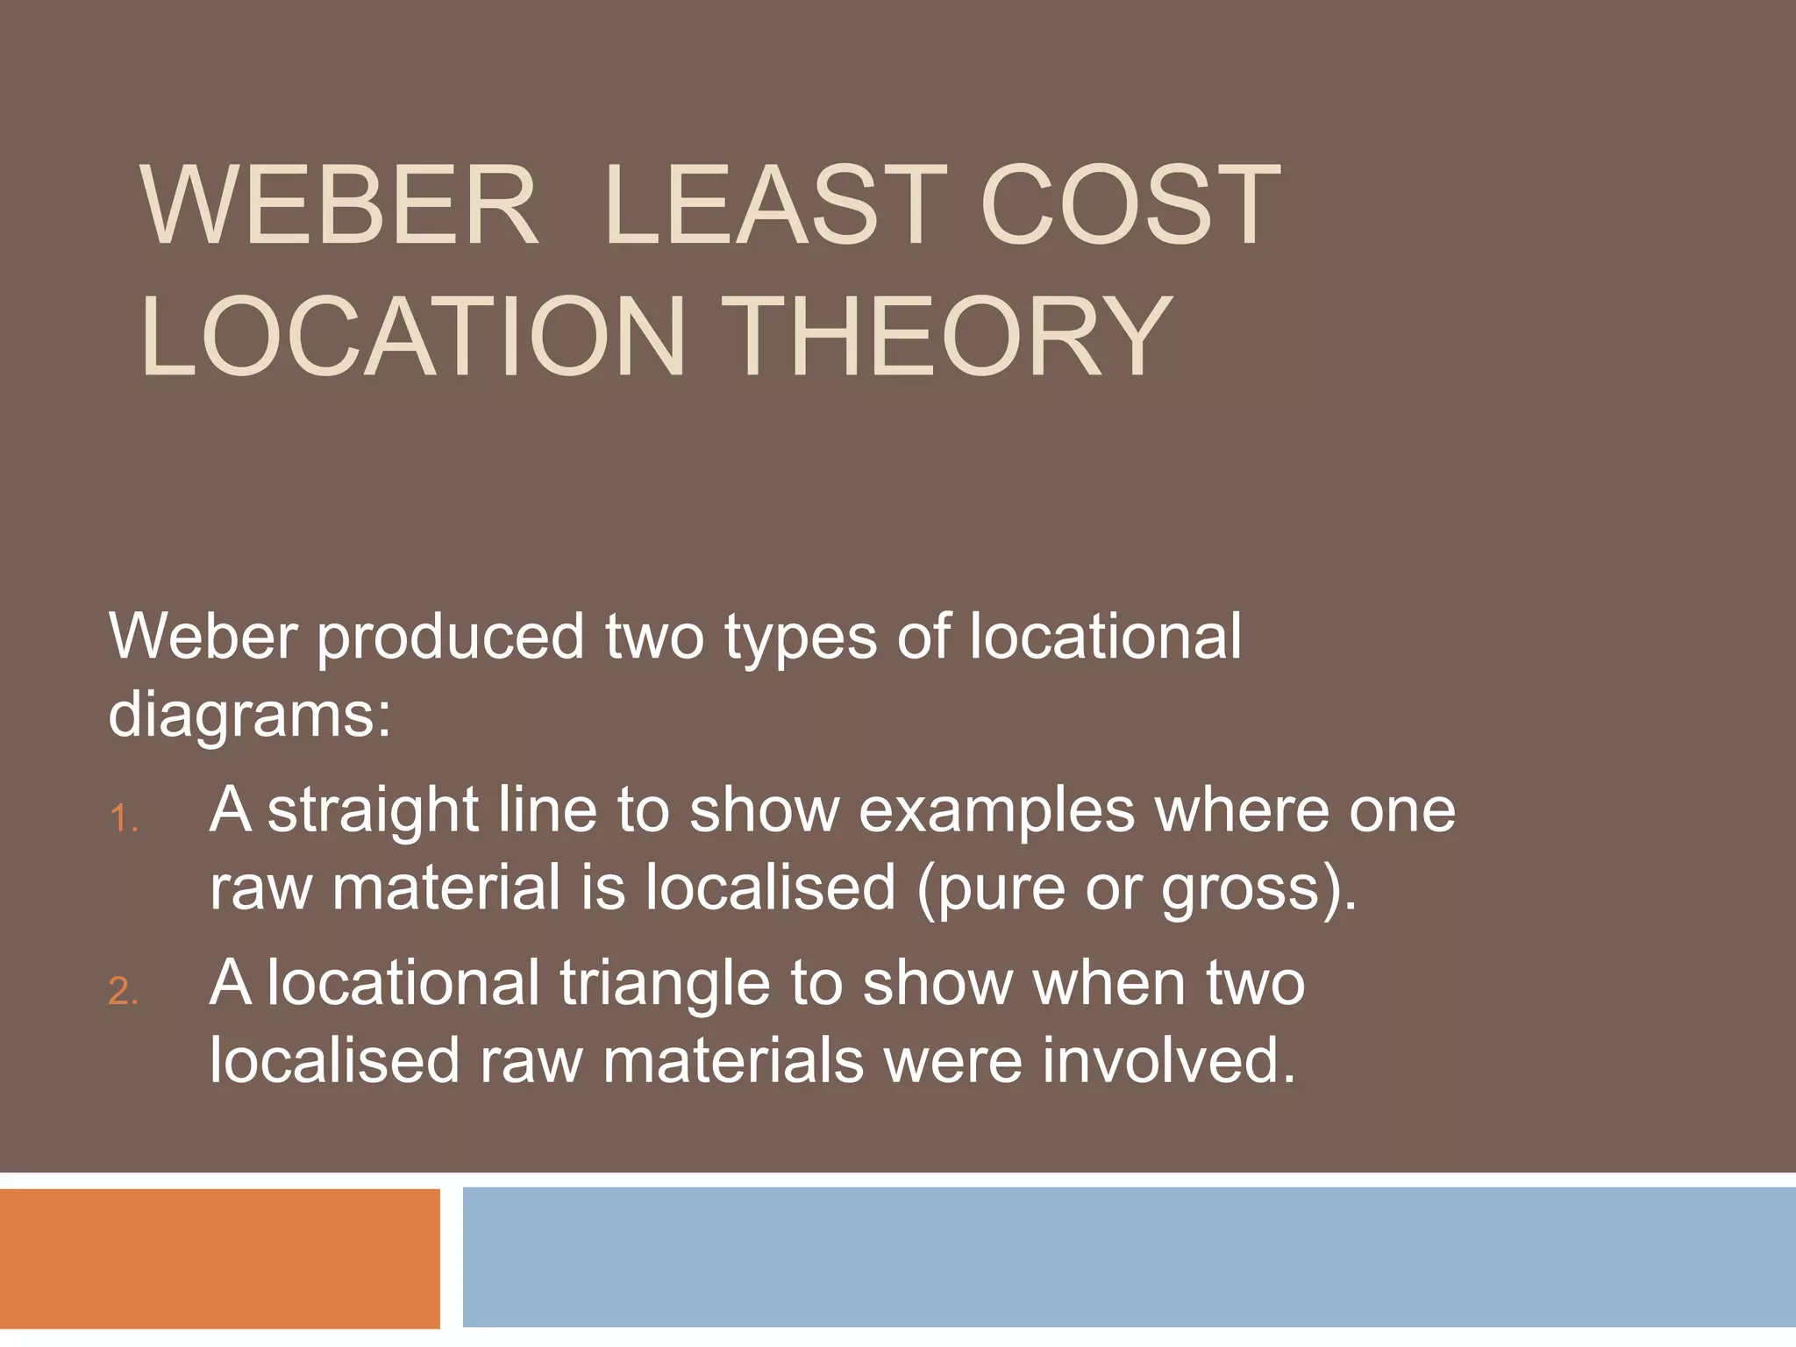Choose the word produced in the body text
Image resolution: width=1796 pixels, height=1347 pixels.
450,638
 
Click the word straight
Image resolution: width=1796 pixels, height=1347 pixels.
372,811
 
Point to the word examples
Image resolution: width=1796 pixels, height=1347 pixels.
996,811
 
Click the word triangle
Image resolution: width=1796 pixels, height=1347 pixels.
665,984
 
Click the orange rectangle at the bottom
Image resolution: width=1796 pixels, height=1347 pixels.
219,1258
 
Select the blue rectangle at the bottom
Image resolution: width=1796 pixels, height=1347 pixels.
1129,1257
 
